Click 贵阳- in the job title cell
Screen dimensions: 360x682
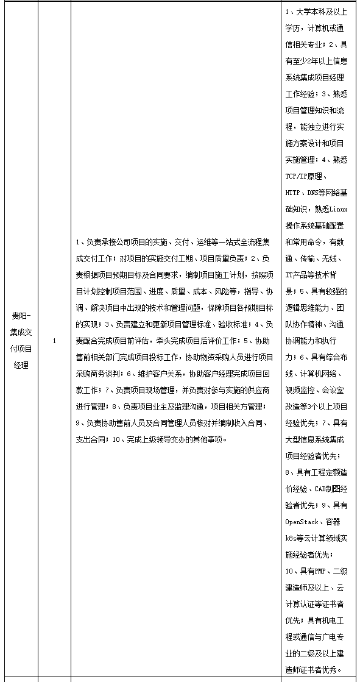point(24,316)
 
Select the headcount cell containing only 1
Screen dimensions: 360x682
point(54,341)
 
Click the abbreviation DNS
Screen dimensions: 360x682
point(316,193)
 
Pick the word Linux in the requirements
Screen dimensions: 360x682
point(338,209)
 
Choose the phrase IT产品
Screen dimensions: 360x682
point(298,275)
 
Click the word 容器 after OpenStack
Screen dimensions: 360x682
point(333,522)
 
